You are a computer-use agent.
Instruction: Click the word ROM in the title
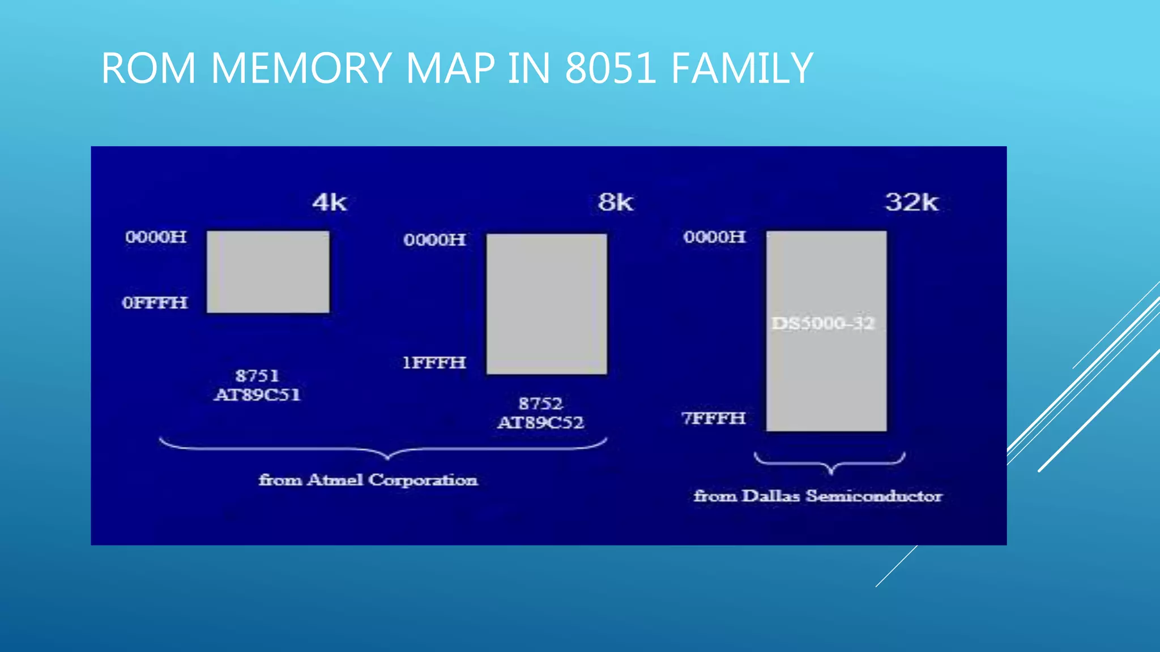(x=149, y=68)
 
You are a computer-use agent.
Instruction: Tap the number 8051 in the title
(x=611, y=68)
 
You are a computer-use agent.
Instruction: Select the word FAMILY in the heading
(x=741, y=68)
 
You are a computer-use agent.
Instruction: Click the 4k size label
(x=330, y=202)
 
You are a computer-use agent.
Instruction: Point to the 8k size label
(x=616, y=202)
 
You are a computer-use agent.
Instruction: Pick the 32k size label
(x=911, y=202)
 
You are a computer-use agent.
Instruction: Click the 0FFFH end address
(x=155, y=303)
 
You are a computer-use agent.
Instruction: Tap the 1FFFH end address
(x=434, y=363)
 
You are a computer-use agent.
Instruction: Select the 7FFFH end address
(x=714, y=418)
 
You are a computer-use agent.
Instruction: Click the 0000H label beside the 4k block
(x=156, y=237)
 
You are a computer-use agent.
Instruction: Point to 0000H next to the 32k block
(x=714, y=237)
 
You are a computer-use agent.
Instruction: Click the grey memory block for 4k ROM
(x=268, y=272)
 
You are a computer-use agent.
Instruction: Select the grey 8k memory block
(x=547, y=304)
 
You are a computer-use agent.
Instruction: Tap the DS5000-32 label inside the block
(x=824, y=323)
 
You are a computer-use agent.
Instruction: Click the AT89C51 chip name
(x=257, y=394)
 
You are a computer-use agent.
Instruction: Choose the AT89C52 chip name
(x=540, y=422)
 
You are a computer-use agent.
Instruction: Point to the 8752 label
(x=540, y=404)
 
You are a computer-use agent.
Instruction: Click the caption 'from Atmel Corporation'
(x=368, y=480)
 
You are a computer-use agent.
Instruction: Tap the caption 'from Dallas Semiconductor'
(x=818, y=496)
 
